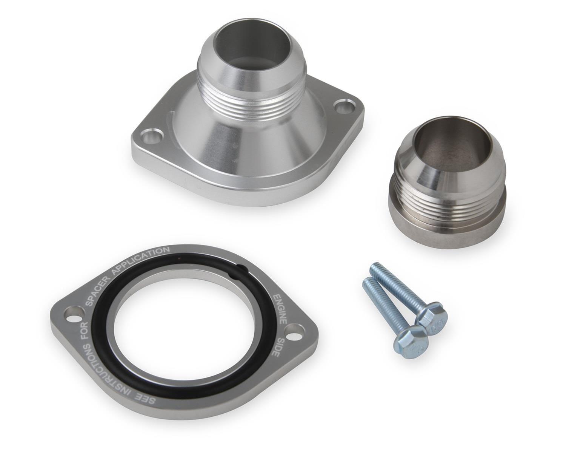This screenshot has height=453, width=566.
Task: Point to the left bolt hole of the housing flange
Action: pos(151,136)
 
